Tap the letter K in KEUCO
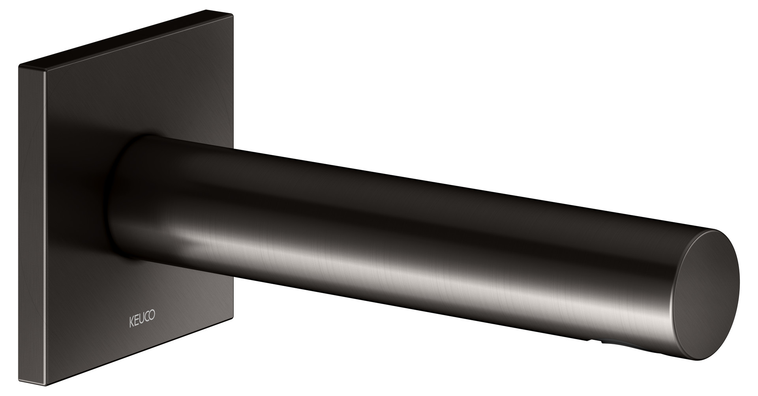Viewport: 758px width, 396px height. point(132,316)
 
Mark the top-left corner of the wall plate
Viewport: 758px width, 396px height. point(19,64)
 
